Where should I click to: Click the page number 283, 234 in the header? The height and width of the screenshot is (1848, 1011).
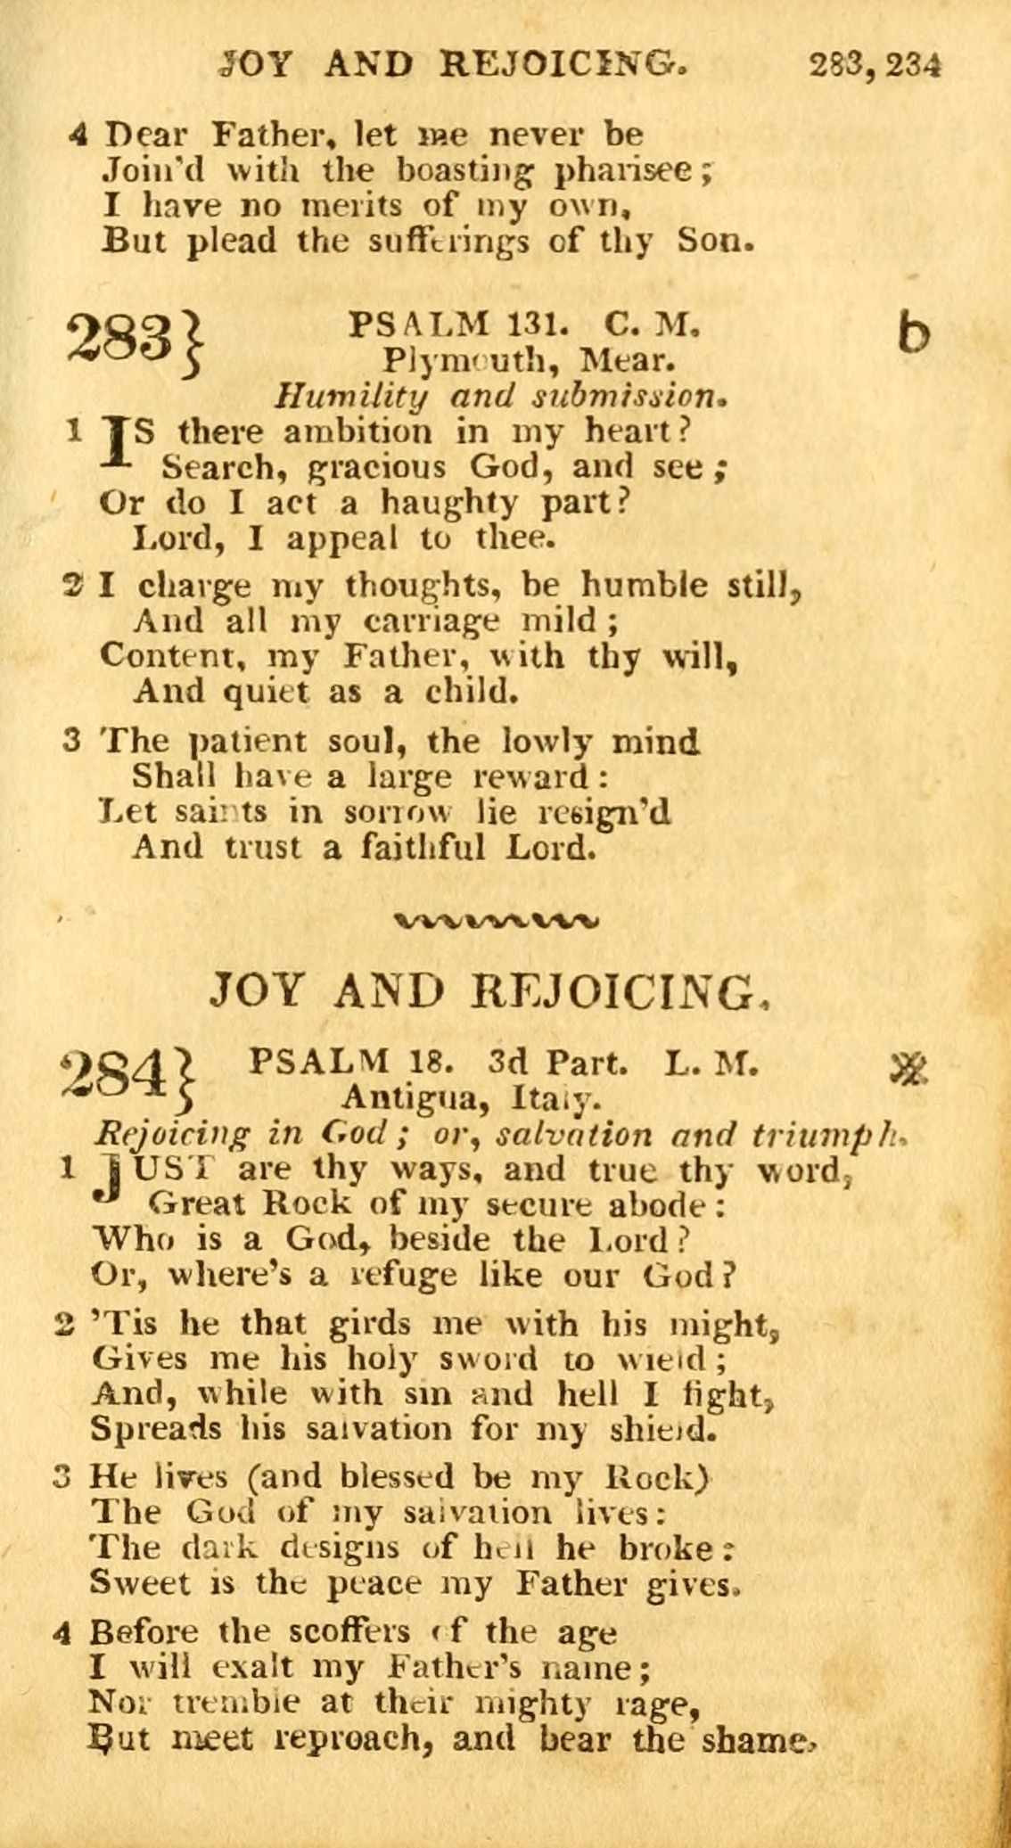tap(875, 66)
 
